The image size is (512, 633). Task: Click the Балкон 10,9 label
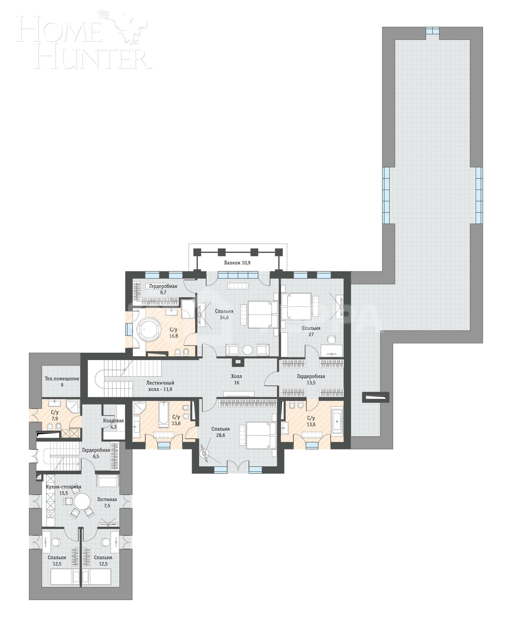click(x=237, y=263)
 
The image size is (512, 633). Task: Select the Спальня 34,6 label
click(x=224, y=314)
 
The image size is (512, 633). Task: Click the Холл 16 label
click(x=236, y=379)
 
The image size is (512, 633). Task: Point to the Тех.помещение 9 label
click(x=62, y=382)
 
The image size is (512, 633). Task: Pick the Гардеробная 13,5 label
click(x=311, y=379)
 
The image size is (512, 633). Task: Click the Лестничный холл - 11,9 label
click(x=160, y=386)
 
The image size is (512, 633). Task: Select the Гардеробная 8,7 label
click(x=163, y=289)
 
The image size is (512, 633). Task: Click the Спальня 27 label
click(x=311, y=331)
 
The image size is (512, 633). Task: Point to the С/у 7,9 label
click(x=54, y=415)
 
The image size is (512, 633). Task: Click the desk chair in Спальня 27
click(x=332, y=339)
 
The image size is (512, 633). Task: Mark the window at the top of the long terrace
click(x=432, y=31)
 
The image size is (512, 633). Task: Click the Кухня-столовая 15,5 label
click(x=63, y=490)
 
